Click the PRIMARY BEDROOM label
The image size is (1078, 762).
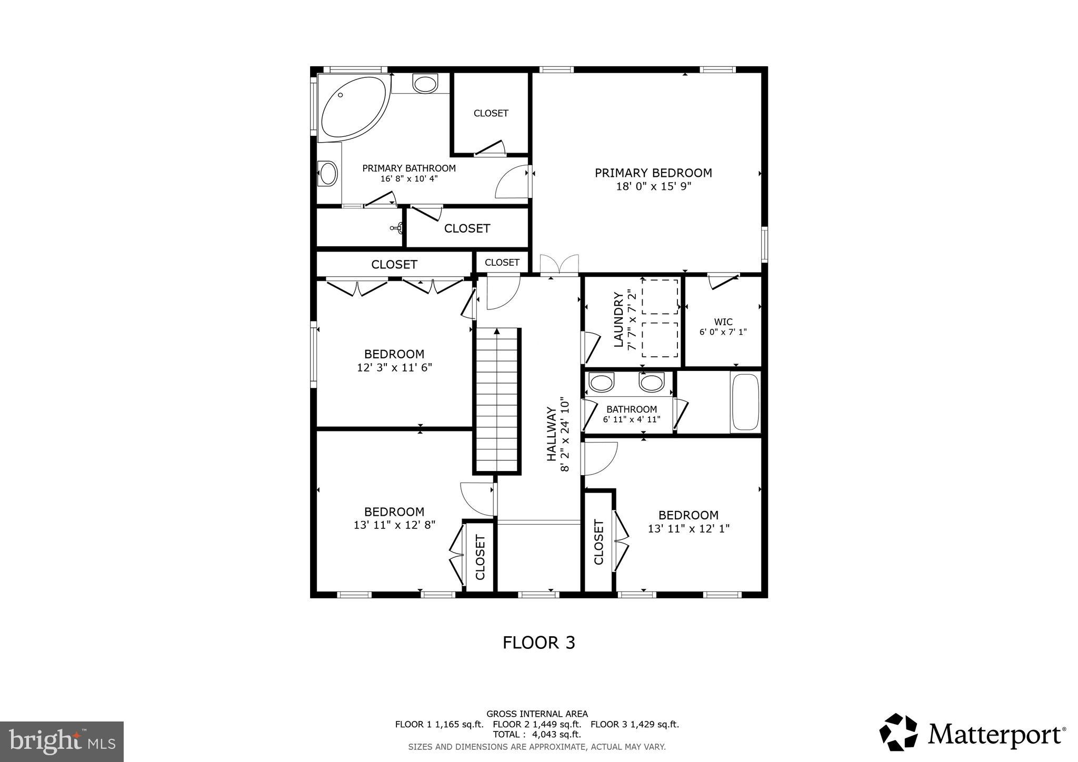coord(653,173)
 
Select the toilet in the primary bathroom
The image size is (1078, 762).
coord(425,83)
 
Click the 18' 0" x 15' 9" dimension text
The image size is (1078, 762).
coord(653,186)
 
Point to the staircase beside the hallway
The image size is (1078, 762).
coord(497,400)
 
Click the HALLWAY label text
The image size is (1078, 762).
coord(551,434)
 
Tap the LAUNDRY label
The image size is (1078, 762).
coord(618,320)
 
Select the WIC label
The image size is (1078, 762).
coord(723,322)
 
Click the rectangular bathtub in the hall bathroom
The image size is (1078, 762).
coord(745,402)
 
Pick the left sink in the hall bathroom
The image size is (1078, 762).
coord(601,383)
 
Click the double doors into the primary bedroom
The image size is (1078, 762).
coord(559,265)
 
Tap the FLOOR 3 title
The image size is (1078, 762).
coord(538,643)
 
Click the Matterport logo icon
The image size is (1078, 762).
coord(899,732)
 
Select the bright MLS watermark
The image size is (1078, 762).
coord(62,741)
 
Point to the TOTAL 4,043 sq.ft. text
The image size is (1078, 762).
coord(536,734)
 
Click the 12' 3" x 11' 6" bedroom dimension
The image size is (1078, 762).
coord(394,367)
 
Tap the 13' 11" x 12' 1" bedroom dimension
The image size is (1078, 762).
coord(688,528)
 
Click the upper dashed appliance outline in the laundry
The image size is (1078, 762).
coord(660,297)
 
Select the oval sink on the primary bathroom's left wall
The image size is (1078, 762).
coord(328,173)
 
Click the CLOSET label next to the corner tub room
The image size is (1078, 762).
coord(491,113)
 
